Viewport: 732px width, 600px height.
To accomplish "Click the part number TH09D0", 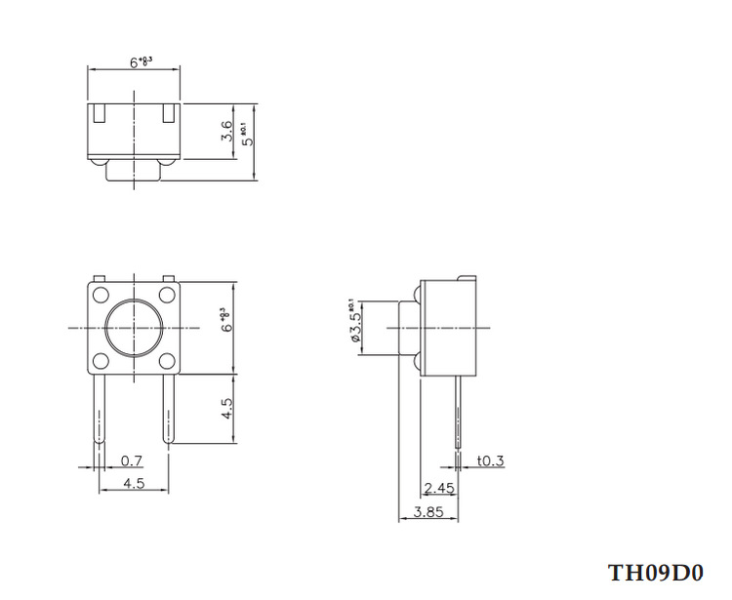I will (655, 572).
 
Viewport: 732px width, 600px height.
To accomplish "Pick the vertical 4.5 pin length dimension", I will (226, 408).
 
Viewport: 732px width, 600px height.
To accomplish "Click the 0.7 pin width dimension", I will (129, 460).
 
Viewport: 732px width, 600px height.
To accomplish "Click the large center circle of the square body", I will (134, 328).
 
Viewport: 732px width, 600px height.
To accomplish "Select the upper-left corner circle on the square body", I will (101, 296).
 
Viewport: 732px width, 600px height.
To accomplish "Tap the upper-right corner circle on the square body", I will (167, 296).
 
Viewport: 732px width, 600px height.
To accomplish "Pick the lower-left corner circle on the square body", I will (101, 361).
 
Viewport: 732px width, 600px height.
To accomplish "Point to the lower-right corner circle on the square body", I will (167, 361).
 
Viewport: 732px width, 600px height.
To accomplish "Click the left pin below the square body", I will (101, 410).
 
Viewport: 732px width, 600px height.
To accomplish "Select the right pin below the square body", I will (167, 410).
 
